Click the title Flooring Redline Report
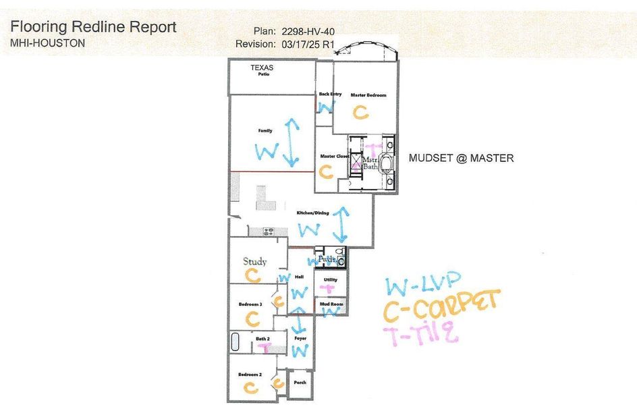(94, 27)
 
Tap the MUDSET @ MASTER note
(462, 158)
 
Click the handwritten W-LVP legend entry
(424, 284)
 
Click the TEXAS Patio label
(262, 70)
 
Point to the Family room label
(265, 130)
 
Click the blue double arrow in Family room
(292, 142)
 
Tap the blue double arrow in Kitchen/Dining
(342, 223)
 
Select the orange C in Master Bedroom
(362, 112)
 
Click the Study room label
(255, 261)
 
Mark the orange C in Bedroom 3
(252, 317)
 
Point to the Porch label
(300, 382)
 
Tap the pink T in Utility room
(329, 288)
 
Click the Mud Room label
(331, 304)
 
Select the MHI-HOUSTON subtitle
(48, 43)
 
